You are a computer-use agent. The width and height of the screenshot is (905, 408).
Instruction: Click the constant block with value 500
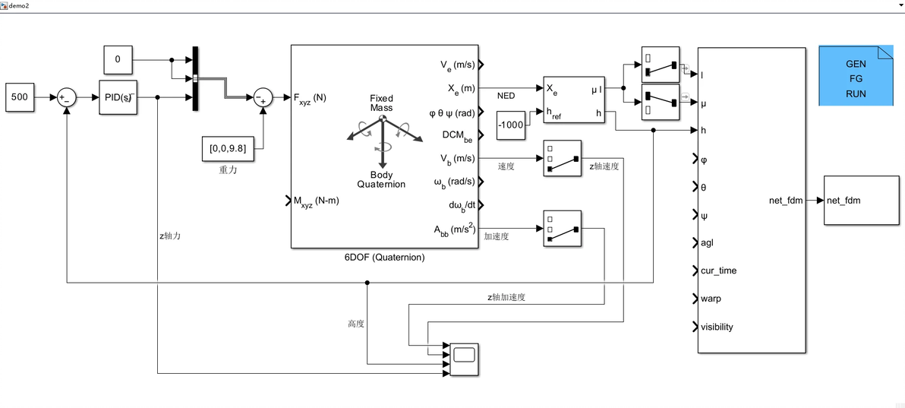20,97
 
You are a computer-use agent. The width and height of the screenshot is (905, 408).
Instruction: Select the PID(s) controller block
118,97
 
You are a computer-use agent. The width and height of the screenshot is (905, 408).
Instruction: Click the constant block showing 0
118,59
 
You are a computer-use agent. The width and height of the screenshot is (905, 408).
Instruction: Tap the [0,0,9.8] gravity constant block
227,148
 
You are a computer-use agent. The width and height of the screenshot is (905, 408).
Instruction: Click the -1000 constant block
510,125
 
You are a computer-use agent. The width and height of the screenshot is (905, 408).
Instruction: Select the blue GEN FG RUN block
856,75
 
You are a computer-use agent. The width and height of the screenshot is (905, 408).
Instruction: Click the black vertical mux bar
195,78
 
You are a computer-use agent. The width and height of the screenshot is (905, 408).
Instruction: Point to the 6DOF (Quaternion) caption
384,258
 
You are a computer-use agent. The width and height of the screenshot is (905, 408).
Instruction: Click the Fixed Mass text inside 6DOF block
382,103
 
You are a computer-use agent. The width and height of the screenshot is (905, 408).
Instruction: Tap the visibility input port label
717,327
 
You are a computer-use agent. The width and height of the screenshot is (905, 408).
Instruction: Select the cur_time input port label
718,270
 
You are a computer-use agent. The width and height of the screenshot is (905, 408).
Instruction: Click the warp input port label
711,299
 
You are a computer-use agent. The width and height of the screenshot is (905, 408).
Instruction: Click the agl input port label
707,243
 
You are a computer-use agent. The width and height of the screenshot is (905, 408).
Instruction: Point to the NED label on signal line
506,96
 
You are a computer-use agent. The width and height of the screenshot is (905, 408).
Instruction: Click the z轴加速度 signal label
506,297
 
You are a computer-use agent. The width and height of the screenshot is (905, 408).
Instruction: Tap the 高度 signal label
356,324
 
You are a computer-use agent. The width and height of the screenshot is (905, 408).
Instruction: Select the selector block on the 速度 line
562,158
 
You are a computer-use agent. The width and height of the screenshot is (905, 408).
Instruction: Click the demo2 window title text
20,5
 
